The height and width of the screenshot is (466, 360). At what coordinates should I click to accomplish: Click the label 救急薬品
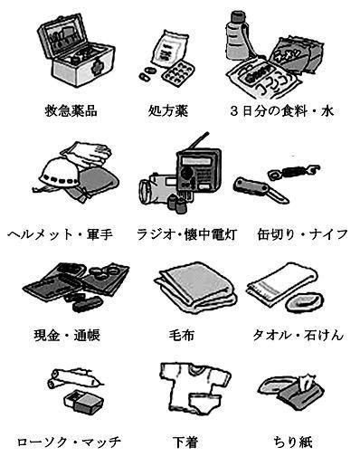coord(71,110)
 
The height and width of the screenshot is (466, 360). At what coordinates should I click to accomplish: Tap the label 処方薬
coord(168,110)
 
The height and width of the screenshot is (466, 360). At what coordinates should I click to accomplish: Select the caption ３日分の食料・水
coord(282,111)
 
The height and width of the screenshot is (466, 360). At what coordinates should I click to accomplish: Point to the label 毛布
coord(181,335)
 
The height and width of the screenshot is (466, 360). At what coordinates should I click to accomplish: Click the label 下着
coord(185,442)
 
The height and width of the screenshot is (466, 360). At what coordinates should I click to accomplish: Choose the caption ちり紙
coord(292,442)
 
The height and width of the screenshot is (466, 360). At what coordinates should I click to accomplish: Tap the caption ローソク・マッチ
coord(70,442)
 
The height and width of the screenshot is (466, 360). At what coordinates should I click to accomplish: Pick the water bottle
coord(236,35)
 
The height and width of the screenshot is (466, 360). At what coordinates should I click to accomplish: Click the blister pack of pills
coord(177,73)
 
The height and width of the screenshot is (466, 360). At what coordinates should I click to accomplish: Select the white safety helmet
coord(60,174)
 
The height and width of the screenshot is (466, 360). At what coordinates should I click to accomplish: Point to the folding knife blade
coord(279,196)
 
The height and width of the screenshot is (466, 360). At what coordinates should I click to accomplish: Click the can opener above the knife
coord(293,172)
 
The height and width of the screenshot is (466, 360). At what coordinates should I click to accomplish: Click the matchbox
coord(84,402)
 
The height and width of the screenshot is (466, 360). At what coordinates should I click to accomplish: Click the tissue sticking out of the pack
coord(304,381)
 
